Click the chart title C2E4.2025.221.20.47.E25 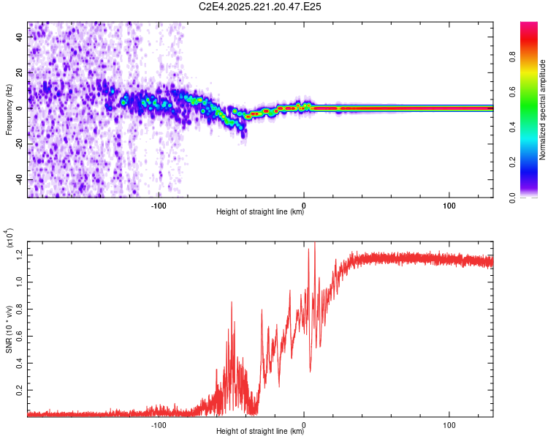coord(259,7)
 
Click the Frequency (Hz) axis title coord(9,110)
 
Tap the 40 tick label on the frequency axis coord(19,37)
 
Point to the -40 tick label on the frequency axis coord(19,179)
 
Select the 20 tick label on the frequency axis coord(19,73)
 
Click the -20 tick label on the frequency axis coord(19,144)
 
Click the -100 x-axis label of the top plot coord(159,206)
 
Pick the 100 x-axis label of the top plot coord(449,206)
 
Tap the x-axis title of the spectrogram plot coord(260,211)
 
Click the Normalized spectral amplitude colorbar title coord(542,110)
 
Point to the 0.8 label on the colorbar coord(512,56)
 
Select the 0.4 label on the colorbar coord(512,127)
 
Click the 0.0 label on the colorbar coord(512,198)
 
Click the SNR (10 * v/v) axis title coord(9,329)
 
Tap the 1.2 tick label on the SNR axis coord(19,255)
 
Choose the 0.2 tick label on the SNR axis coord(19,390)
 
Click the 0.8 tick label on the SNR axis coord(19,309)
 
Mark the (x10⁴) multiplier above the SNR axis coord(9,238)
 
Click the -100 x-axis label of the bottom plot coord(159,425)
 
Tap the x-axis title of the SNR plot coord(260,431)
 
